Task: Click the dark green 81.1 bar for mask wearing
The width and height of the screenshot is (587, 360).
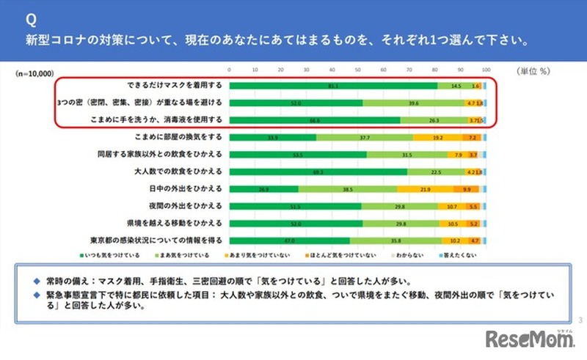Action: tap(334, 86)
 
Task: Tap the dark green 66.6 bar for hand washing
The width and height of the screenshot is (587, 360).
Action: tap(316, 120)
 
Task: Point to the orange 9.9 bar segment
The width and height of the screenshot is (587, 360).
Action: tap(467, 188)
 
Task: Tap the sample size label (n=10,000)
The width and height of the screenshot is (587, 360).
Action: tap(36, 74)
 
